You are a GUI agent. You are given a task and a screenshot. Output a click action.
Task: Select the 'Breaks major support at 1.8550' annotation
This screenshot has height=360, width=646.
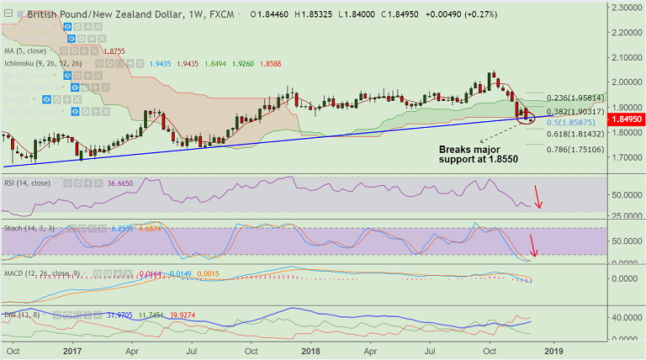(x=479, y=152)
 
